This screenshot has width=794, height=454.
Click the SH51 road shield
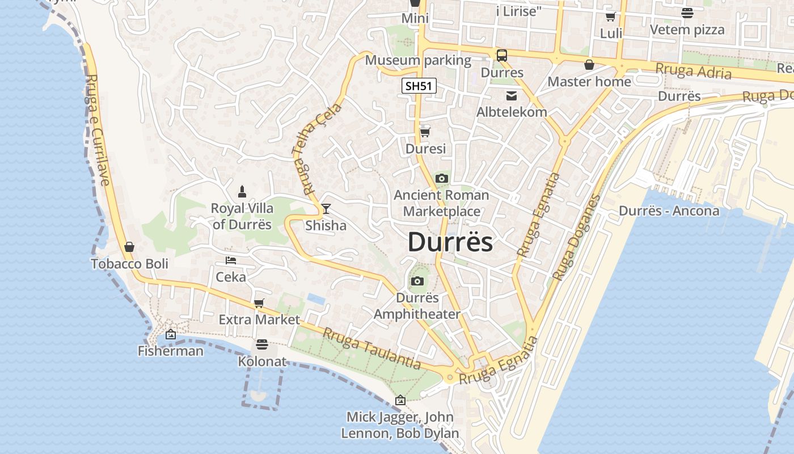(419, 86)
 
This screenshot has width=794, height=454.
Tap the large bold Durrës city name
(450, 242)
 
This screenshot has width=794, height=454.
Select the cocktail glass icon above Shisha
(326, 209)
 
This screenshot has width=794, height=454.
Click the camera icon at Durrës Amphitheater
(417, 281)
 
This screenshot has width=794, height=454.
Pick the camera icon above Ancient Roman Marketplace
(441, 179)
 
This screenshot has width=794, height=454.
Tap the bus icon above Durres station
(502, 56)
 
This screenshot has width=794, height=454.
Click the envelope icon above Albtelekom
(512, 95)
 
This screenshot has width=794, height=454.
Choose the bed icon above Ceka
(231, 260)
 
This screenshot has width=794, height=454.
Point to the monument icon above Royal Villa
(242, 191)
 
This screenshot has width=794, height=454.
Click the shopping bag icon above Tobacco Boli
(129, 247)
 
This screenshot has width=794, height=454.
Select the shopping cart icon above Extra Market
(259, 303)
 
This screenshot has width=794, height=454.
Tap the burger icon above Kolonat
(261, 344)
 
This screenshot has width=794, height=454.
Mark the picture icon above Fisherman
(170, 335)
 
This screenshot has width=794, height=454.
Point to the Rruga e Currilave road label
(96, 130)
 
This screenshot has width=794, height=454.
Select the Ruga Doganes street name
(576, 238)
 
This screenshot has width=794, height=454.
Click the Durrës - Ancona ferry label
(669, 211)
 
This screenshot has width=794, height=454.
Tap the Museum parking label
(418, 60)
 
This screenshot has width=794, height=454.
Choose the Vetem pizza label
(687, 30)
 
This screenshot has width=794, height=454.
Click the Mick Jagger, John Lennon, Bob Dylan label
(400, 425)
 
